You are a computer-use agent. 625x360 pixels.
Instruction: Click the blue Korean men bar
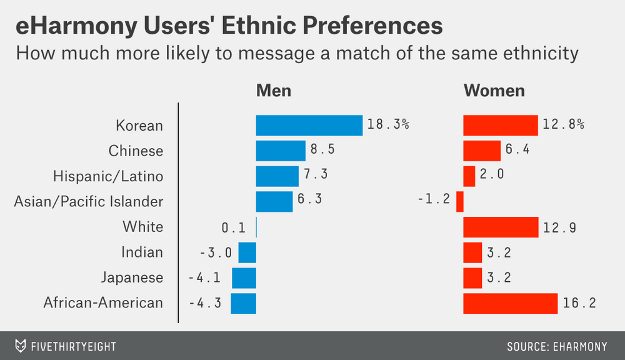[x=309, y=125]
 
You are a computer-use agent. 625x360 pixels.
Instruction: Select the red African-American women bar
[x=510, y=303]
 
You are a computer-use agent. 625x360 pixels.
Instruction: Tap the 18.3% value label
[x=388, y=125]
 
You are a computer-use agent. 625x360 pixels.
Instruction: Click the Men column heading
[x=274, y=91]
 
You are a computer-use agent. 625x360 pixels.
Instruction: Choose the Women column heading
[x=494, y=91]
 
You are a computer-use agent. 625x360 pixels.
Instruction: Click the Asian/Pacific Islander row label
[x=89, y=201]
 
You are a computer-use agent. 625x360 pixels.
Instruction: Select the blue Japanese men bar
[x=244, y=277]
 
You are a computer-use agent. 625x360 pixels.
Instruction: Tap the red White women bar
[x=501, y=227]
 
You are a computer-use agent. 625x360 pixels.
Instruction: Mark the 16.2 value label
[x=579, y=303]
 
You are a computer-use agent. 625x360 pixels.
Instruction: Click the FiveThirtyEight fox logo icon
[x=21, y=346]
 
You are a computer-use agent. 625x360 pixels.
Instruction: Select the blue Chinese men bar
[x=281, y=151]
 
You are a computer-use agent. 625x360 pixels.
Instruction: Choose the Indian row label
[x=142, y=252]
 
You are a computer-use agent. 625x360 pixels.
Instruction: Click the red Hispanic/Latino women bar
[x=469, y=176]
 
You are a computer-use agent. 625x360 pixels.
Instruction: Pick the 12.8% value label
[x=563, y=125]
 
